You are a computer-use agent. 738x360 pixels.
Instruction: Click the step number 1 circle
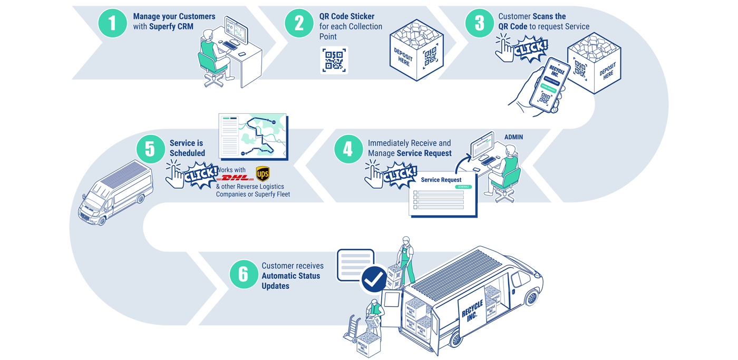click(x=112, y=23)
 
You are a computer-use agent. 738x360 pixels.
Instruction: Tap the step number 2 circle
click(x=299, y=23)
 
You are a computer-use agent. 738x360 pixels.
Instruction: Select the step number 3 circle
click(x=479, y=23)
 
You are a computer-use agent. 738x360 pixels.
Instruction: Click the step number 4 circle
click(x=348, y=149)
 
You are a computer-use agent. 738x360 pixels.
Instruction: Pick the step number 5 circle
click(x=150, y=149)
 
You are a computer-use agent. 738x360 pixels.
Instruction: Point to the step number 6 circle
click(x=243, y=274)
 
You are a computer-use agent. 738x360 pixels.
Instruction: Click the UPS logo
click(x=262, y=173)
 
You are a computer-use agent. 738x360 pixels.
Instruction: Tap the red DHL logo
click(x=235, y=178)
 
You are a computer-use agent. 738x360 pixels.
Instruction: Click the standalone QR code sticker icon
click(x=334, y=60)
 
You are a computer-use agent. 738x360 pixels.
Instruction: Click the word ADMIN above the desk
click(x=513, y=137)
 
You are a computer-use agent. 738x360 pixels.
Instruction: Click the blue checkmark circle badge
click(x=374, y=279)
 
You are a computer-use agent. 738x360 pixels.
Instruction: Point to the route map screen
click(x=254, y=136)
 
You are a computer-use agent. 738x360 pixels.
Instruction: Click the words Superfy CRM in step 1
click(x=171, y=26)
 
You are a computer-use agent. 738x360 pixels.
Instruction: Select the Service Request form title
click(x=441, y=180)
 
